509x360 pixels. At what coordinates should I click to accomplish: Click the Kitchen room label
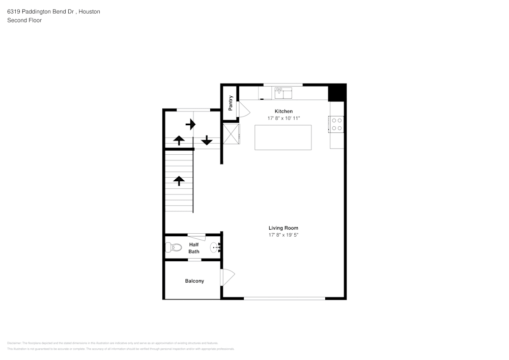pyautogui.click(x=284, y=111)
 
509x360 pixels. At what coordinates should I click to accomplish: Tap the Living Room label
pyautogui.click(x=284, y=228)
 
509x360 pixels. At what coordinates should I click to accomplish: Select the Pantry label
pyautogui.click(x=231, y=103)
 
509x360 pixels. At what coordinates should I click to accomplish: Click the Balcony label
pyautogui.click(x=194, y=281)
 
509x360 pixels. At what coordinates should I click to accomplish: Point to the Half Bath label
pyautogui.click(x=194, y=248)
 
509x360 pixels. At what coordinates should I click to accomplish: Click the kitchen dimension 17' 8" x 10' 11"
pyautogui.click(x=284, y=118)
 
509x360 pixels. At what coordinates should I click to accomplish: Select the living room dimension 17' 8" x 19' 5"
pyautogui.click(x=284, y=235)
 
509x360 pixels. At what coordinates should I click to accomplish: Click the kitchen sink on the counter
pyautogui.click(x=284, y=93)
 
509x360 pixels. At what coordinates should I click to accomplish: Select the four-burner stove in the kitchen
pyautogui.click(x=337, y=124)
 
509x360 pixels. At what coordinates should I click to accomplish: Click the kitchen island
pyautogui.click(x=283, y=137)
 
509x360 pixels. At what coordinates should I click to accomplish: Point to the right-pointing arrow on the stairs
pyautogui.click(x=190, y=124)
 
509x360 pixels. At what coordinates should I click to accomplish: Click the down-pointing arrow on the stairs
pyautogui.click(x=207, y=140)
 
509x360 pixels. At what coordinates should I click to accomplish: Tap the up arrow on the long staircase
pyautogui.click(x=179, y=180)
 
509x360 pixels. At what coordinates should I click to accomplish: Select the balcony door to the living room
pyautogui.click(x=227, y=277)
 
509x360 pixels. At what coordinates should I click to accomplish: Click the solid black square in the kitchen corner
pyautogui.click(x=336, y=93)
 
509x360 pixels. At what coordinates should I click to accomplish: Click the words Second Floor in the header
pyautogui.click(x=24, y=20)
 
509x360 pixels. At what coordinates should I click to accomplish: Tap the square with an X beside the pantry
pyautogui.click(x=231, y=134)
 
